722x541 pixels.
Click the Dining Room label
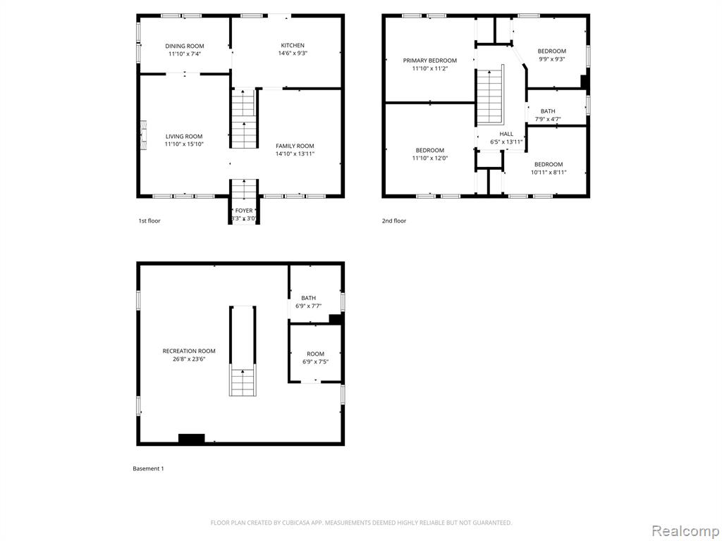point(185,46)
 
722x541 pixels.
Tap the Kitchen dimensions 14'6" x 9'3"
point(293,53)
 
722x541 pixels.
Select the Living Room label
point(184,136)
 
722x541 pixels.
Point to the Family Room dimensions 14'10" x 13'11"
point(295,154)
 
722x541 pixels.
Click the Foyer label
point(244,211)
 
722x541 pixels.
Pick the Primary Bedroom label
point(430,61)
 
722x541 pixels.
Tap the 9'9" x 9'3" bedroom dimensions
point(551,59)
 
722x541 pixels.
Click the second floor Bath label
point(548,111)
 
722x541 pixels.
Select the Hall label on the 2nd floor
point(506,134)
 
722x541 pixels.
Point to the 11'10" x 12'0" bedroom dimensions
point(430,158)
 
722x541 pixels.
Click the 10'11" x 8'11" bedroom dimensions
point(549,173)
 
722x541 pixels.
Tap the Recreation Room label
point(189,351)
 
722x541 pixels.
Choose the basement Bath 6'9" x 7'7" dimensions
point(309,306)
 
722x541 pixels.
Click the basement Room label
point(315,354)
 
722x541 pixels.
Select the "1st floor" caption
point(149,220)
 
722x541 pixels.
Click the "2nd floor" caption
point(394,220)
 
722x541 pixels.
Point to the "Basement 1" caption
point(148,468)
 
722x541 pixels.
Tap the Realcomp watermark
point(685,531)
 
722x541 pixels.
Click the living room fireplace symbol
point(144,135)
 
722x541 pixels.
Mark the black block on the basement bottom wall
point(192,439)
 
